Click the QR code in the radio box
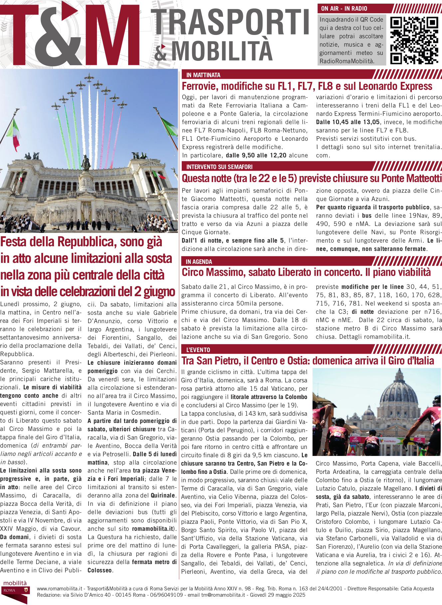(x=414, y=40)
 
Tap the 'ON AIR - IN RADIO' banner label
(x=344, y=9)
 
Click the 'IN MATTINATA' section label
(x=203, y=75)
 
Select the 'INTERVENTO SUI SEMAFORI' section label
(x=219, y=167)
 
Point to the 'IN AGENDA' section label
(x=199, y=262)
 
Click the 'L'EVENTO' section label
(x=198, y=350)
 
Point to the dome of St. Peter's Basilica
(x=399, y=394)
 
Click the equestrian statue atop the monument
(x=86, y=163)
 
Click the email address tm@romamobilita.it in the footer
(x=223, y=595)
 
